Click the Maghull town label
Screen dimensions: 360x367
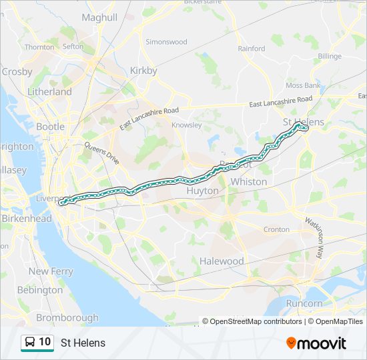[x=99, y=17]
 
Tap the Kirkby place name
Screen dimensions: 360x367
[x=143, y=71]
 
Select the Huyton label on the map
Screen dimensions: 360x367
[x=202, y=191]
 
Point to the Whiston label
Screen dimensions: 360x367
[x=248, y=181]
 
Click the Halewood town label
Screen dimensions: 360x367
[x=222, y=261]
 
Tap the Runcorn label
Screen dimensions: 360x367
[x=304, y=303]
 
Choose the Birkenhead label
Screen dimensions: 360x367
[x=26, y=219]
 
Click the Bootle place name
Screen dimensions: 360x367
[x=50, y=126]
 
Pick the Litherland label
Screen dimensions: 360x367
[x=49, y=91]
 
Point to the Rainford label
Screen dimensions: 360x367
[x=252, y=48]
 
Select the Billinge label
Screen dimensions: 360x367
[x=330, y=57]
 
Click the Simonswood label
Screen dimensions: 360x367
[x=166, y=41]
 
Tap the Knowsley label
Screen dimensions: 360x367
[x=186, y=125]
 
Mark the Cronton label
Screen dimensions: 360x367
[x=276, y=229]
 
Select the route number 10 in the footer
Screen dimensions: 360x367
[x=45, y=342]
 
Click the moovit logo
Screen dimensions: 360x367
[x=316, y=343]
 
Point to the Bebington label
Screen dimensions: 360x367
[x=39, y=290]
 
